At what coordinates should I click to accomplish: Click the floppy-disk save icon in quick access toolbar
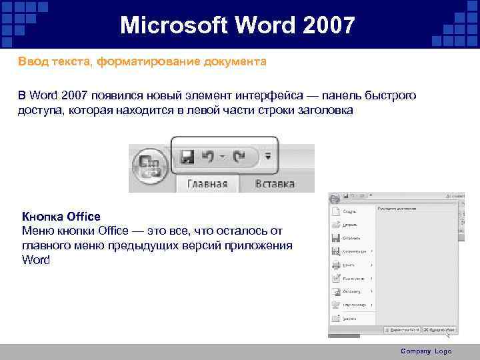[187, 157]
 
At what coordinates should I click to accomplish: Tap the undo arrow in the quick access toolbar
[209, 157]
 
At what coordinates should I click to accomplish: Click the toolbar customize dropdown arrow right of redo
[268, 157]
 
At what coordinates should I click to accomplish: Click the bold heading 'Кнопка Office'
[61, 216]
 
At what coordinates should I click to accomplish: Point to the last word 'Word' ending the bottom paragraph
[36, 260]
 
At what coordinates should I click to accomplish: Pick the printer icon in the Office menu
[335, 265]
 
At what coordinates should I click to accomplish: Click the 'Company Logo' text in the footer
[426, 351]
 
